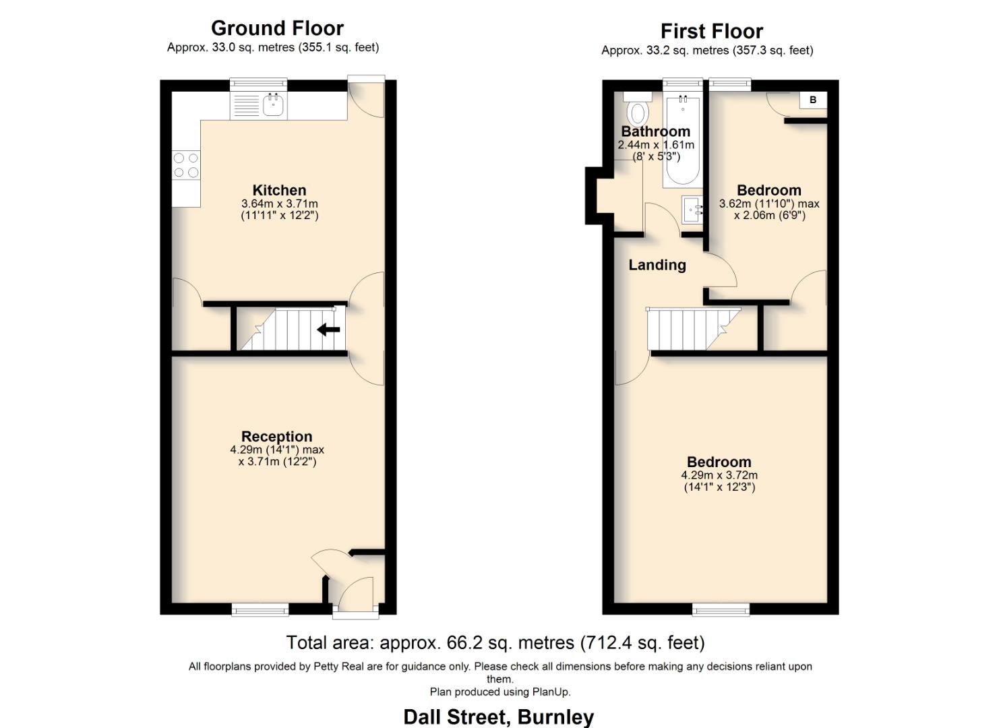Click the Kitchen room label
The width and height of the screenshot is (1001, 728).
279,190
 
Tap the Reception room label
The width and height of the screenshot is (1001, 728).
276,436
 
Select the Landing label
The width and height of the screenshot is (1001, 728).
657,265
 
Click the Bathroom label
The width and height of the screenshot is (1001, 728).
655,131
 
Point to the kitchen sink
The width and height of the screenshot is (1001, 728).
272,106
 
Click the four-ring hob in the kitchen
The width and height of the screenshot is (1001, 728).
186,165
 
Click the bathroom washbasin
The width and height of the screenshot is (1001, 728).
692,210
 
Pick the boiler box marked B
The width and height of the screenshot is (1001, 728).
812,100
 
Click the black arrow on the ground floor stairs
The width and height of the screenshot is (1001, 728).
328,330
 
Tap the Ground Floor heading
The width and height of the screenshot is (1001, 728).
277,28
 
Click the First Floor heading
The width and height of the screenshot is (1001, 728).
711,31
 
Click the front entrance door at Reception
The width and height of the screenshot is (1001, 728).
355,597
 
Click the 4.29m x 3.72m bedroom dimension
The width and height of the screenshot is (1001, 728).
719,475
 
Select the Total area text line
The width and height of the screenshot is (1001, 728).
495,642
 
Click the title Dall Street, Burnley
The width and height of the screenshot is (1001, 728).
498,717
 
